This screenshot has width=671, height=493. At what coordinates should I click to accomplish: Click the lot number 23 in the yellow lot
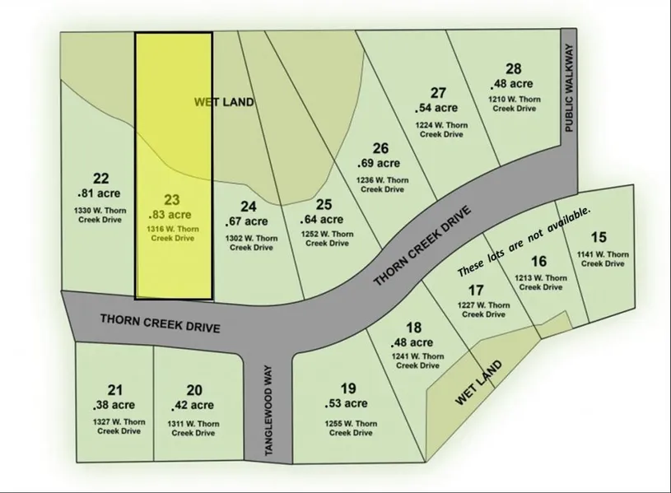click(x=172, y=199)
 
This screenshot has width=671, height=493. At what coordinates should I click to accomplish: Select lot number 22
click(x=101, y=178)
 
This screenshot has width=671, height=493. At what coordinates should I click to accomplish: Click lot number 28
click(x=514, y=69)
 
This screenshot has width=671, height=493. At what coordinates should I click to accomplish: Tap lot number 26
click(x=380, y=148)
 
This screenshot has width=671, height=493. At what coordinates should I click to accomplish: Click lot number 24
click(x=248, y=206)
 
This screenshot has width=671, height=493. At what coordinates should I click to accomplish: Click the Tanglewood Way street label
click(x=268, y=412)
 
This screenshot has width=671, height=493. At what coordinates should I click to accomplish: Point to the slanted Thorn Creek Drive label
click(x=425, y=245)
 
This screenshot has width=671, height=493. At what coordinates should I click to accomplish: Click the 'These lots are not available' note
click(x=524, y=241)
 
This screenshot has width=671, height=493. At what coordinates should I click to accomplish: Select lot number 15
click(x=599, y=236)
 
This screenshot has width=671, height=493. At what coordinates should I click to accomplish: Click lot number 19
click(x=347, y=388)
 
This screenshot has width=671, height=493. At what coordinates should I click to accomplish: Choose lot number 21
click(x=115, y=389)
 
